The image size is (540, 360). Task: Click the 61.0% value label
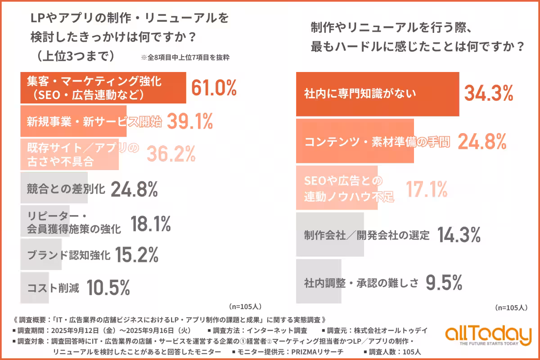(214, 88)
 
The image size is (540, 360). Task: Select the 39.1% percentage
(189, 121)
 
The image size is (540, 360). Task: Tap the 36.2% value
(171, 154)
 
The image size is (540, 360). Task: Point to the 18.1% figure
(150, 223)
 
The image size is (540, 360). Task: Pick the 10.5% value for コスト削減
(108, 287)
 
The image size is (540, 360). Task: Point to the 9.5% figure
(444, 283)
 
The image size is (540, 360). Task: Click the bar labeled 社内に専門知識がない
(377, 94)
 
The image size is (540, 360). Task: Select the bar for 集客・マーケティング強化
(103, 88)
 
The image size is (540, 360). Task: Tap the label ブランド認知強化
(69, 256)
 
